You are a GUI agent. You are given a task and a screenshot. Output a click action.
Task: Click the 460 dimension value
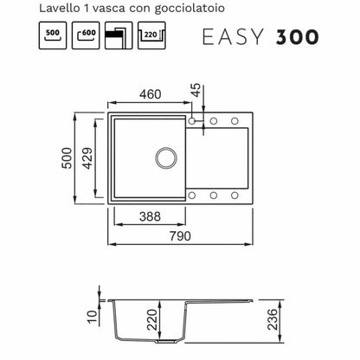pyautogui.click(x=150, y=94)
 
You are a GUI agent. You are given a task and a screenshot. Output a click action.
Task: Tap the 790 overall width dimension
pyautogui.click(x=180, y=236)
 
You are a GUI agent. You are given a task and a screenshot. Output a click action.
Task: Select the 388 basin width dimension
pyautogui.click(x=150, y=216)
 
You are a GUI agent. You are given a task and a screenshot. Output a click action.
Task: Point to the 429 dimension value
pyautogui.click(x=87, y=158)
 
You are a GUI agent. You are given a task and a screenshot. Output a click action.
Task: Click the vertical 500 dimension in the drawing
pyautogui.click(x=67, y=158)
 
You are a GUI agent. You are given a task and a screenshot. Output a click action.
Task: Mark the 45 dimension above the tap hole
pyautogui.click(x=196, y=90)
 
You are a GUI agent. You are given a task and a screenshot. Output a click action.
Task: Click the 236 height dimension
pyautogui.click(x=273, y=319)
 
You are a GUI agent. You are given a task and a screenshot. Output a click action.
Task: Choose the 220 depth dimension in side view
pyautogui.click(x=152, y=319)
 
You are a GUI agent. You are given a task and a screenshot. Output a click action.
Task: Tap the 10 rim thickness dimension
pyautogui.click(x=93, y=317)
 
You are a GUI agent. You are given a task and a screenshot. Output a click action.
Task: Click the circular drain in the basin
pyautogui.click(x=166, y=158)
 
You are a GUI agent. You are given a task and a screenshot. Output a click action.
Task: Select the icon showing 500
pyautogui.click(x=53, y=35)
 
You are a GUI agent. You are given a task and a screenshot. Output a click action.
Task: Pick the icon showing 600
pyautogui.click(x=86, y=35)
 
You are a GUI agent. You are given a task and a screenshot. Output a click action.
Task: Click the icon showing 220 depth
pyautogui.click(x=151, y=35)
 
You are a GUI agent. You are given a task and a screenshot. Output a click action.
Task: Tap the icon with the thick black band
pyautogui.click(x=119, y=35)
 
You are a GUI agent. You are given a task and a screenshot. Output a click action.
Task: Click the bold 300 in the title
pyautogui.click(x=298, y=37)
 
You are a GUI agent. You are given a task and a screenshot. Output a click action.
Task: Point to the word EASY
pyautogui.click(x=233, y=37)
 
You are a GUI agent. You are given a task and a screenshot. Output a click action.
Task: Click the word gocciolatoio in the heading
pyautogui.click(x=190, y=9)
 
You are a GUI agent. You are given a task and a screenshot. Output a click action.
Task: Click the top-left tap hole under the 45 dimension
pyautogui.click(x=192, y=121)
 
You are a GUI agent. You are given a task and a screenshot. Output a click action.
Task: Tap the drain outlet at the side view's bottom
pyautogui.click(x=166, y=341)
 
